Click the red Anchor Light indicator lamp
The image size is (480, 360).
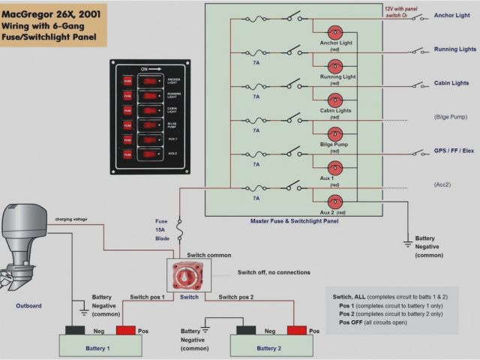[x=334, y=31]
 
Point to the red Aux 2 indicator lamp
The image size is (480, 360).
[x=334, y=201]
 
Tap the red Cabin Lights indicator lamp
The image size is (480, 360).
[x=334, y=98]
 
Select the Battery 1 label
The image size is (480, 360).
[x=97, y=349]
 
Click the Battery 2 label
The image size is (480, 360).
[x=268, y=349]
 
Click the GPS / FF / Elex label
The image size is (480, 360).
[x=454, y=151]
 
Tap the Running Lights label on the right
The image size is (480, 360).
[x=454, y=49]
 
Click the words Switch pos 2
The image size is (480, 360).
[x=236, y=297]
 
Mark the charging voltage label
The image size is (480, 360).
[x=71, y=219]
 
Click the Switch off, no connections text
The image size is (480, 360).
[x=274, y=272]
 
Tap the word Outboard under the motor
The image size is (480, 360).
[x=28, y=305]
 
